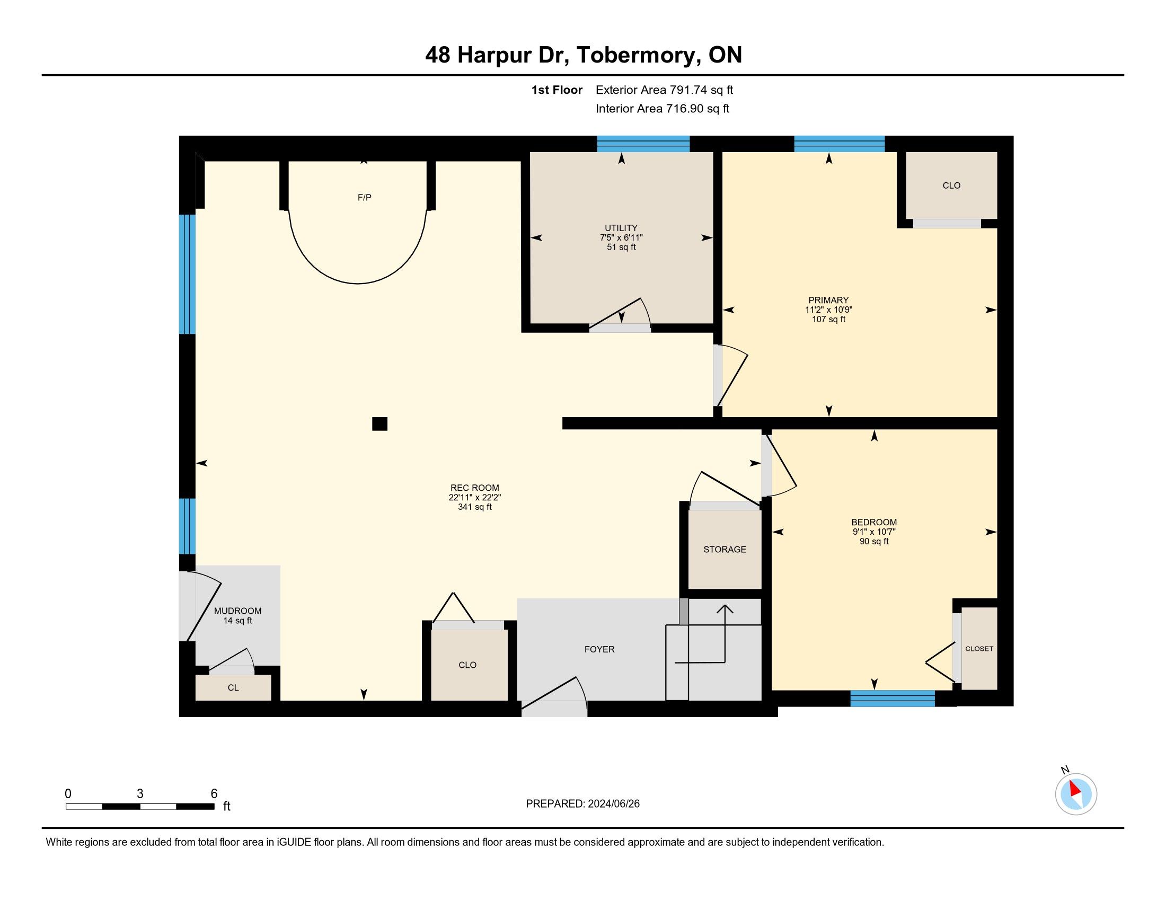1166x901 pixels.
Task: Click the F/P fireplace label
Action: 364,198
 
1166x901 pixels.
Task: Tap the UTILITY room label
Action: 621,228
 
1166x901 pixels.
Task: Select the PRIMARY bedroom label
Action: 828,300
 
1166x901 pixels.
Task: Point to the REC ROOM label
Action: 475,487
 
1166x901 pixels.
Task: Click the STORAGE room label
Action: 725,549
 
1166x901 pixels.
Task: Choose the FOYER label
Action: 599,649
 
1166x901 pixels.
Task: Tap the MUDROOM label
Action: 237,611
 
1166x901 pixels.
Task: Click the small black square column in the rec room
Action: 379,424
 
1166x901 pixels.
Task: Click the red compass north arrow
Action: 1074,789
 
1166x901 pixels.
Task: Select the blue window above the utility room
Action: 643,144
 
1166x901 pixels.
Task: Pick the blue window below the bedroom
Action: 892,699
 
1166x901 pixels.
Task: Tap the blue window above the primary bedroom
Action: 840,144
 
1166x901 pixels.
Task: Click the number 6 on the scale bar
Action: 214,793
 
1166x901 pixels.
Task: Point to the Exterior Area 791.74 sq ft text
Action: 664,90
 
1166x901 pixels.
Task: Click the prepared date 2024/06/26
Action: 613,803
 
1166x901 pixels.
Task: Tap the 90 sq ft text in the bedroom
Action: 874,541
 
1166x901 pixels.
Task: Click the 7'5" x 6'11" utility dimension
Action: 621,237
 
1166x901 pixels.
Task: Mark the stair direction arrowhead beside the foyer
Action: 725,609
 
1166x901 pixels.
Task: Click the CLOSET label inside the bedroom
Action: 979,649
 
